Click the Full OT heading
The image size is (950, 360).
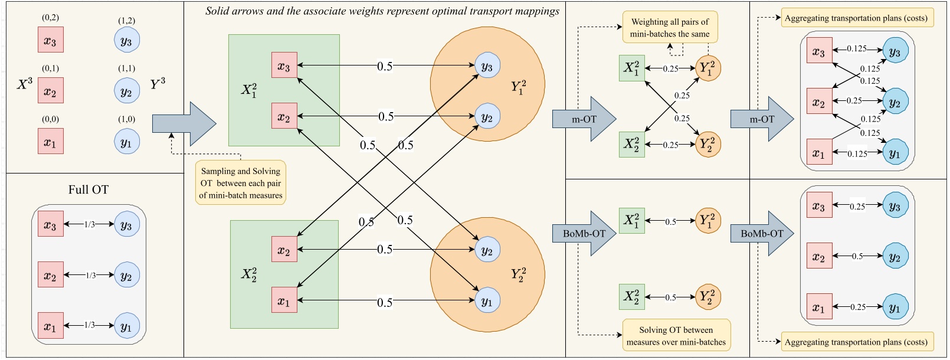(89, 189)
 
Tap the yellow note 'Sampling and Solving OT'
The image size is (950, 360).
(241, 183)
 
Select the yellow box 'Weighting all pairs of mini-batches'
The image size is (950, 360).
(670, 27)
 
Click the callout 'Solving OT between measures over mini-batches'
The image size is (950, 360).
(676, 336)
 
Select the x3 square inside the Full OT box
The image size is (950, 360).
(50, 224)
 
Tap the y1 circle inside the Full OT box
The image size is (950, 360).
(126, 326)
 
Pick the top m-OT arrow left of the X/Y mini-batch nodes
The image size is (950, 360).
(584, 119)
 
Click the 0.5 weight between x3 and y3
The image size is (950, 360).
(385, 66)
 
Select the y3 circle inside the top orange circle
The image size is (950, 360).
(487, 66)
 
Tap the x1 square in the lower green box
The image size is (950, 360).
(284, 300)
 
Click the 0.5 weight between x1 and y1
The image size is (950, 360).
(385, 302)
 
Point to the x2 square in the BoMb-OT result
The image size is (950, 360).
(819, 256)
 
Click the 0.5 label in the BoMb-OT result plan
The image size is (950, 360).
(857, 256)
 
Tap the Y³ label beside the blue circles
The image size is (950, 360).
(158, 84)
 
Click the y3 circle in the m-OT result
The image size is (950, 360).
(895, 51)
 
